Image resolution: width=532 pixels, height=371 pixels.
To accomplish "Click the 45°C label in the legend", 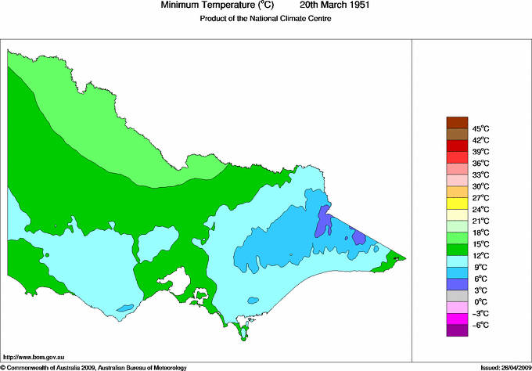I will tap(480, 128).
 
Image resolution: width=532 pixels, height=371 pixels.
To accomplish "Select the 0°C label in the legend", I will tap(480, 301).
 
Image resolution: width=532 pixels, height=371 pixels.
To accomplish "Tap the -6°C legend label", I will tap(480, 325).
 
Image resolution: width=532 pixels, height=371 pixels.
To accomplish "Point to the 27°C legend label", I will tap(480, 198).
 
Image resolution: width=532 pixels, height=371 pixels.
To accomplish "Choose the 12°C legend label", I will tap(480, 255).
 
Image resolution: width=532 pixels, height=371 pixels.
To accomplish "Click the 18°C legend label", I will tap(480, 232).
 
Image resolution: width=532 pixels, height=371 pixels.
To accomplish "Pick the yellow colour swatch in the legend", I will tap(456, 204).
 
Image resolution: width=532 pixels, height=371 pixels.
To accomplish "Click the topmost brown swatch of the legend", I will tap(456, 122).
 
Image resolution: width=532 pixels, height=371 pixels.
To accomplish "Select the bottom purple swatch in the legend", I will tap(456, 330).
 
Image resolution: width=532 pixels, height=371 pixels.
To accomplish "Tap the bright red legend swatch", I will tap(456, 146).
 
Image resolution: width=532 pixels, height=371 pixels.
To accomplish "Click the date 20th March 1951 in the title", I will tap(335, 5).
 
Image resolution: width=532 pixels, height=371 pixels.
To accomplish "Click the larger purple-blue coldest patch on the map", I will tap(323, 222).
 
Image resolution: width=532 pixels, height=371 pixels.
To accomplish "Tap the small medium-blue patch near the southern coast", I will tap(252, 299).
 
